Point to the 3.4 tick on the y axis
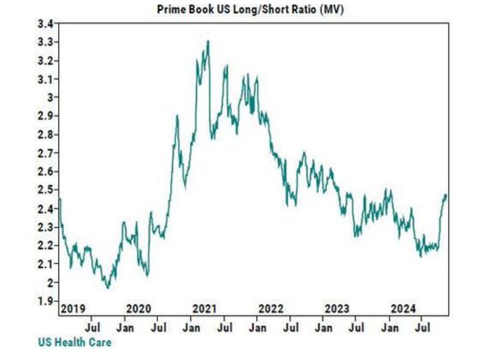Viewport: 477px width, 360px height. pyautogui.click(x=46, y=24)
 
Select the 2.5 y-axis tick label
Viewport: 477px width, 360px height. pyautogui.click(x=46, y=189)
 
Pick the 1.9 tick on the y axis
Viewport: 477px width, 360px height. pyautogui.click(x=46, y=300)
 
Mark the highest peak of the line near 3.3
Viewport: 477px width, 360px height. pyautogui.click(x=208, y=41)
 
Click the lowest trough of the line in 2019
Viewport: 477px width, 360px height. pyautogui.click(x=107, y=288)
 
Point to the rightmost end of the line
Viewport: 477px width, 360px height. pyautogui.click(x=446, y=195)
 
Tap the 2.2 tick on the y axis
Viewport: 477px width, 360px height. pyautogui.click(x=46, y=245)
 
